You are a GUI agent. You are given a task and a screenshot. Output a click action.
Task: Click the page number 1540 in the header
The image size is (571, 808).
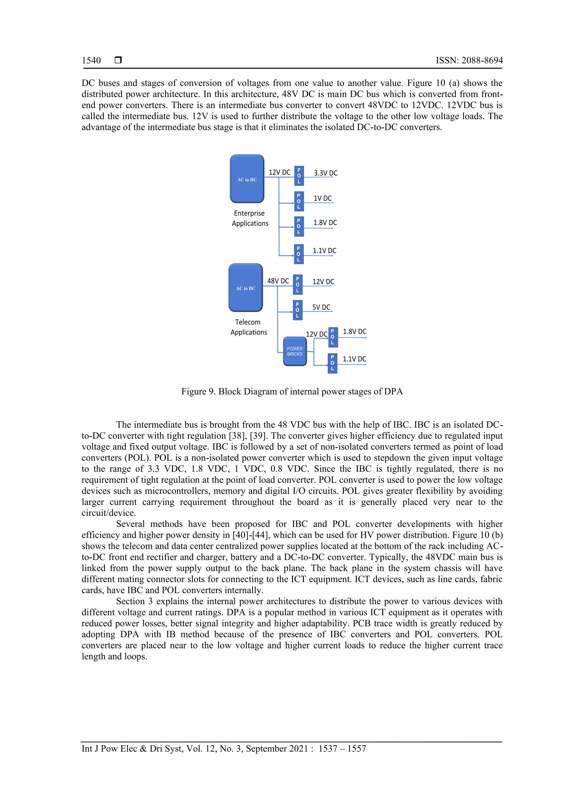click(91, 61)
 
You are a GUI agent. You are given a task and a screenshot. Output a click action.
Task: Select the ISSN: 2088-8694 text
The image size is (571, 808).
click(469, 61)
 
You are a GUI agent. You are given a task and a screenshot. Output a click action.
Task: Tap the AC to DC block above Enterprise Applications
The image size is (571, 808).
click(247, 179)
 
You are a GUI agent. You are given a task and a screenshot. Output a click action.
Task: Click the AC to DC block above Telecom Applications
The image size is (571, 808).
click(246, 288)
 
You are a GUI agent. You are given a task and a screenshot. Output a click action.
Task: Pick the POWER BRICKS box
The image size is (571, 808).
click(295, 351)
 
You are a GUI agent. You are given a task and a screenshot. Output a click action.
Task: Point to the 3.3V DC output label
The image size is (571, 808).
click(325, 173)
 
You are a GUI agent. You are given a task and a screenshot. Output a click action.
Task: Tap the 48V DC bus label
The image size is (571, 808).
click(278, 281)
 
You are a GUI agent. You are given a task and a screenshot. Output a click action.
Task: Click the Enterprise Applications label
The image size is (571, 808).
click(250, 218)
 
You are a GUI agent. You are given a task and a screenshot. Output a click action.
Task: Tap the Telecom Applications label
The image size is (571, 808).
click(248, 327)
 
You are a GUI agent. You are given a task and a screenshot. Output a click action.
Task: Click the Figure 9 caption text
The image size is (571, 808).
click(292, 391)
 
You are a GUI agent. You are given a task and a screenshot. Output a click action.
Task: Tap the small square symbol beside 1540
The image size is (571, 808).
click(118, 60)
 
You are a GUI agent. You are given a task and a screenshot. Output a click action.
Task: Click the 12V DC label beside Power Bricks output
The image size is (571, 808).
click(316, 334)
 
